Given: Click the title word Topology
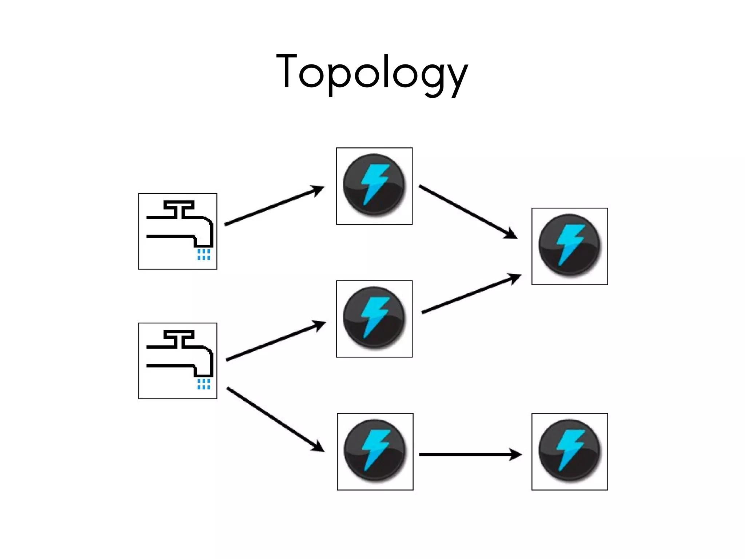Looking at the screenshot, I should tap(372, 73).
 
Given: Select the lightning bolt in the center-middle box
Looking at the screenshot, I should tap(374, 318).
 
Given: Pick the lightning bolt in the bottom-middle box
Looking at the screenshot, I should tap(375, 451).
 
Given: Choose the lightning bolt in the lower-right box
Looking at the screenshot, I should tap(570, 451).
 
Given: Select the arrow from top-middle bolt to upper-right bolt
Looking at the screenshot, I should tap(467, 212).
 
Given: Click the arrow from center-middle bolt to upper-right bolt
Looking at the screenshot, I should tap(471, 294).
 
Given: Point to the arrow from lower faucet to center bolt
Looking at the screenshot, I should tap(275, 341).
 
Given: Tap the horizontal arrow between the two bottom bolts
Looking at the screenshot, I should tap(469, 455).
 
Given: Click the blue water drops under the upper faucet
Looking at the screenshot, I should tap(204, 254).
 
